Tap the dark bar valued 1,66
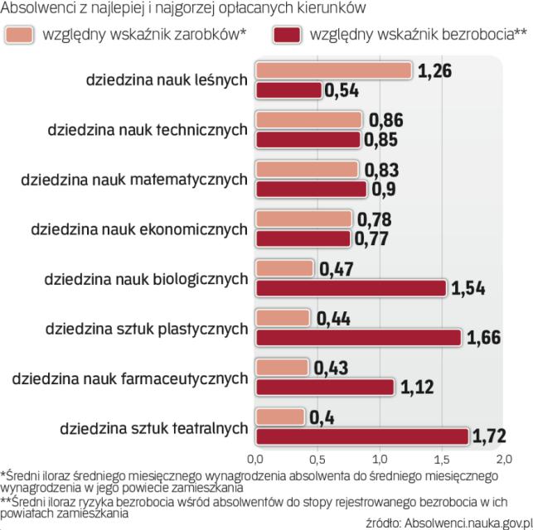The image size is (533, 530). click(x=358, y=337)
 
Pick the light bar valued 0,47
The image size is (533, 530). click(x=285, y=269)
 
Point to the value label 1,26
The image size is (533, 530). click(x=435, y=71)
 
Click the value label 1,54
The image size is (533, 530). click(x=468, y=289)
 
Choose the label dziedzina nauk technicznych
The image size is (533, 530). click(x=148, y=129)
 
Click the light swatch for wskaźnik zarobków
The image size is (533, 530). click(x=19, y=36)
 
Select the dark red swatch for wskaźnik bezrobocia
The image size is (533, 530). click(x=287, y=36)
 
